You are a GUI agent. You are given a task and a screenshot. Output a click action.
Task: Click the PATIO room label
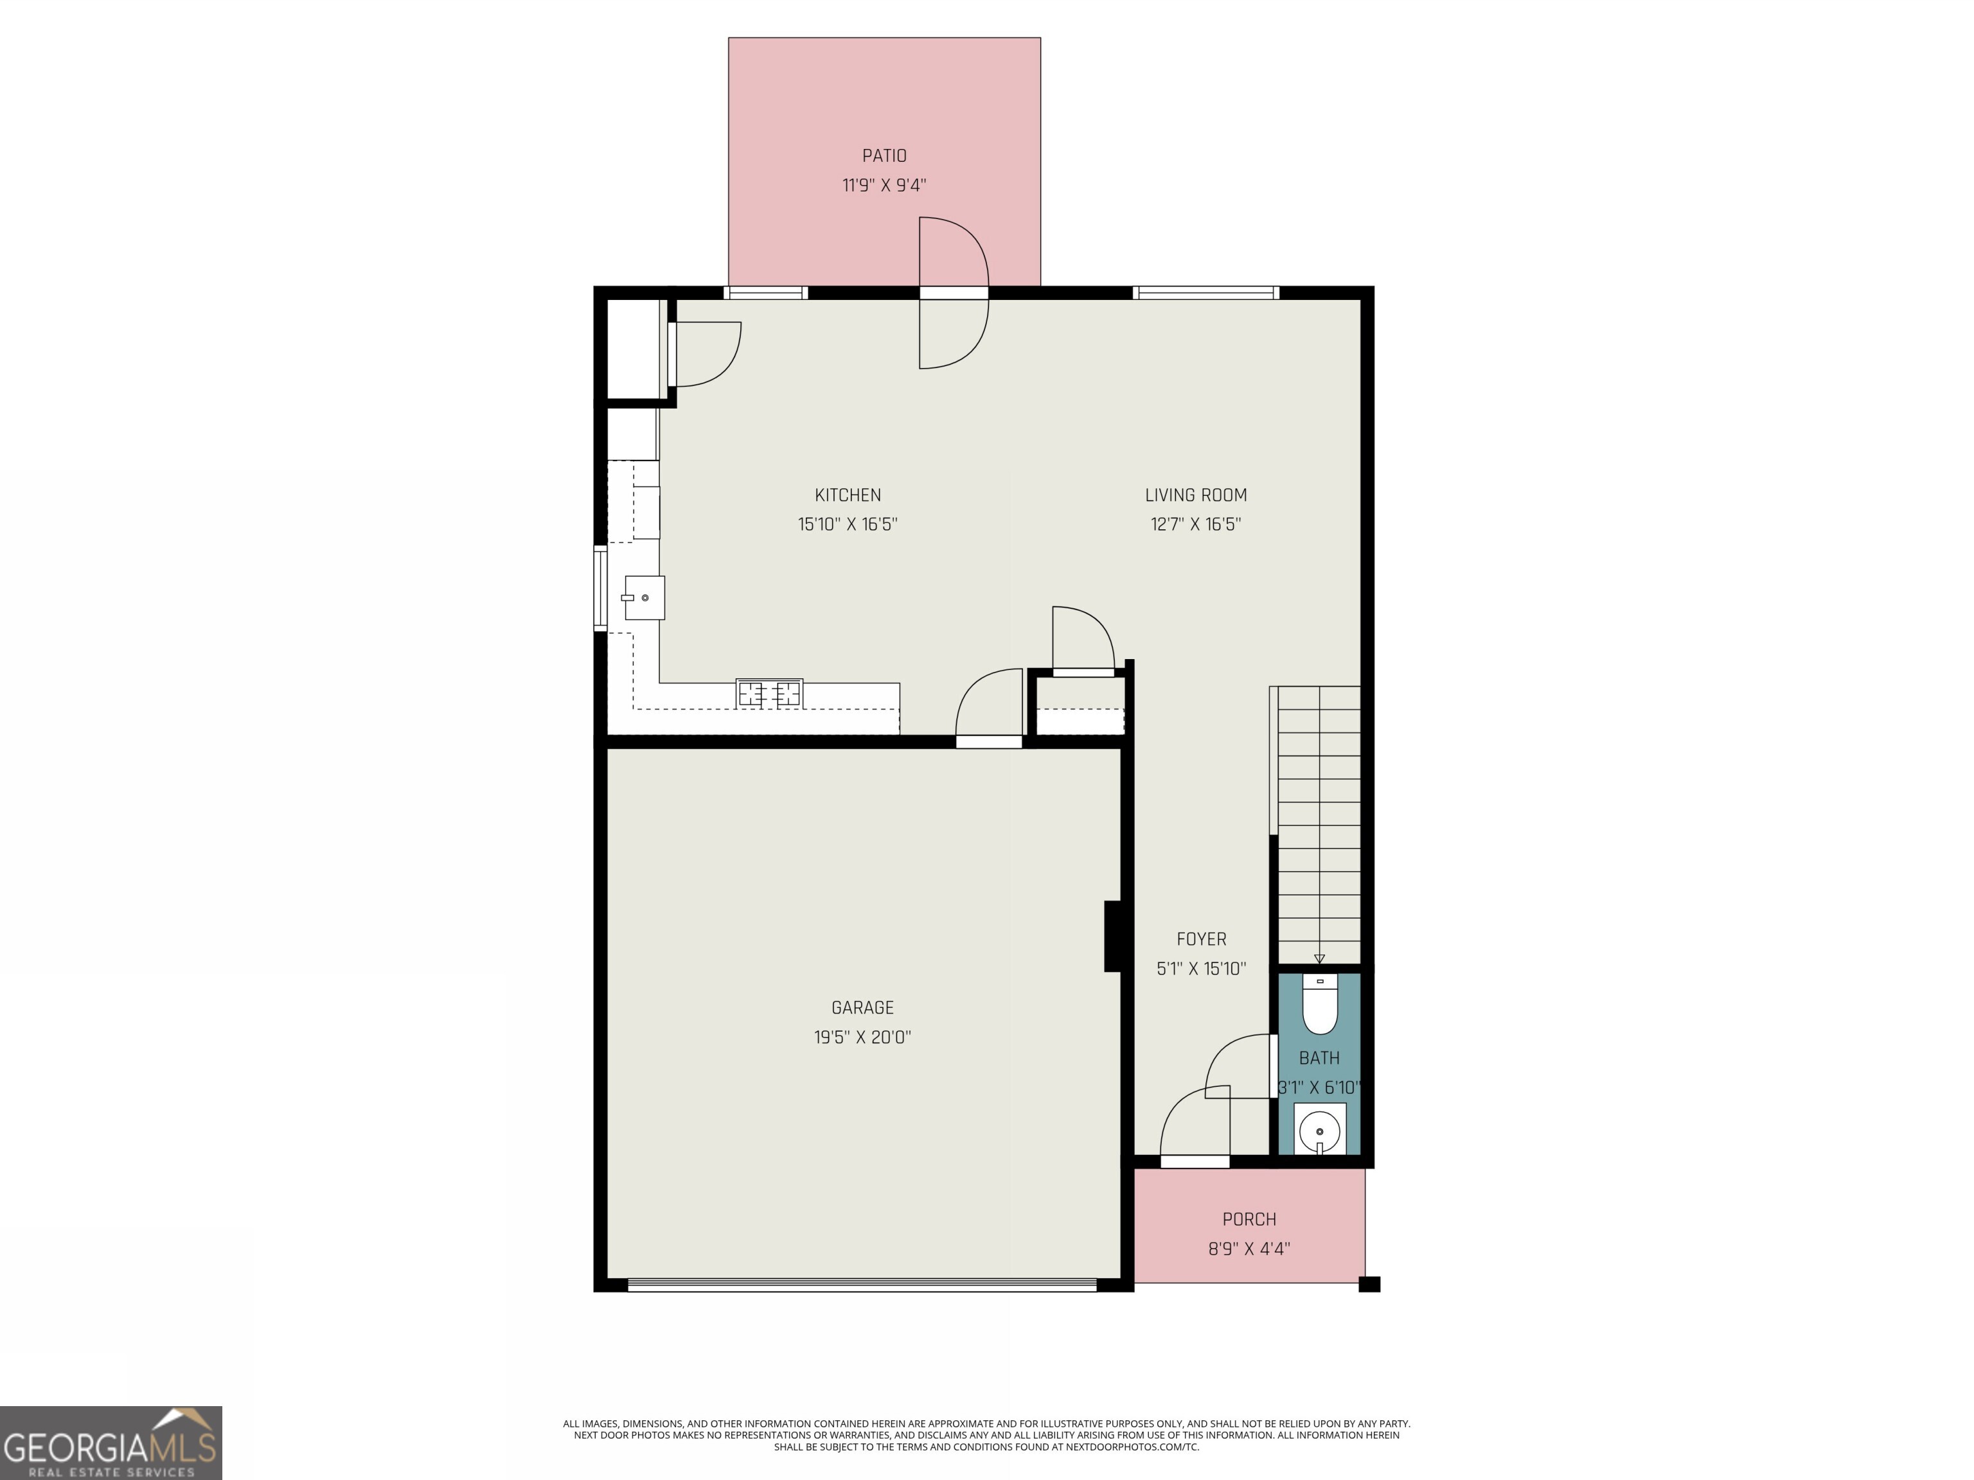pos(884,156)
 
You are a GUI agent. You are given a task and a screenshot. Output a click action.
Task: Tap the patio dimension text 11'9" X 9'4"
pos(884,186)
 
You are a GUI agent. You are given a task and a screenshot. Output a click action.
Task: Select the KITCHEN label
pos(847,495)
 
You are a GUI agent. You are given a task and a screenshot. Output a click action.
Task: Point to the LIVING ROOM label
pos(1195,495)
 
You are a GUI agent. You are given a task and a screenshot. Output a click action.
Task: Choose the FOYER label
pos(1200,938)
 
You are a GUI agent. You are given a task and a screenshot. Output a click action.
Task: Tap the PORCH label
pos(1249,1219)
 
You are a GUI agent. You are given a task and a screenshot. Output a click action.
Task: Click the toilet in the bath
pos(1319,1005)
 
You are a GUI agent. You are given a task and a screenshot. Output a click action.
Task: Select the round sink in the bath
pos(1319,1132)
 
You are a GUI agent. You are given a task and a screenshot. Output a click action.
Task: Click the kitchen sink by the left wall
pos(645,597)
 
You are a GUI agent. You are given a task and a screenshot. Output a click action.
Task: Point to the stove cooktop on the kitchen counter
pos(769,693)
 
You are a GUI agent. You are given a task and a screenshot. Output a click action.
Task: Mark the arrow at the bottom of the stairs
pos(1319,959)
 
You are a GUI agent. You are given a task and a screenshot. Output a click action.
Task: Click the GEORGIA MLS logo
pos(111,1443)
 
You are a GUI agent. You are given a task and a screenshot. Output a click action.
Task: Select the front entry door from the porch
pos(1194,1133)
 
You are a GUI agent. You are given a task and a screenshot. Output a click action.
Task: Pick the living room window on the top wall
pos(1205,293)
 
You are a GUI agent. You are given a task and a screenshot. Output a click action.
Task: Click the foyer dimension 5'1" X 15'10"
pos(1200,969)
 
